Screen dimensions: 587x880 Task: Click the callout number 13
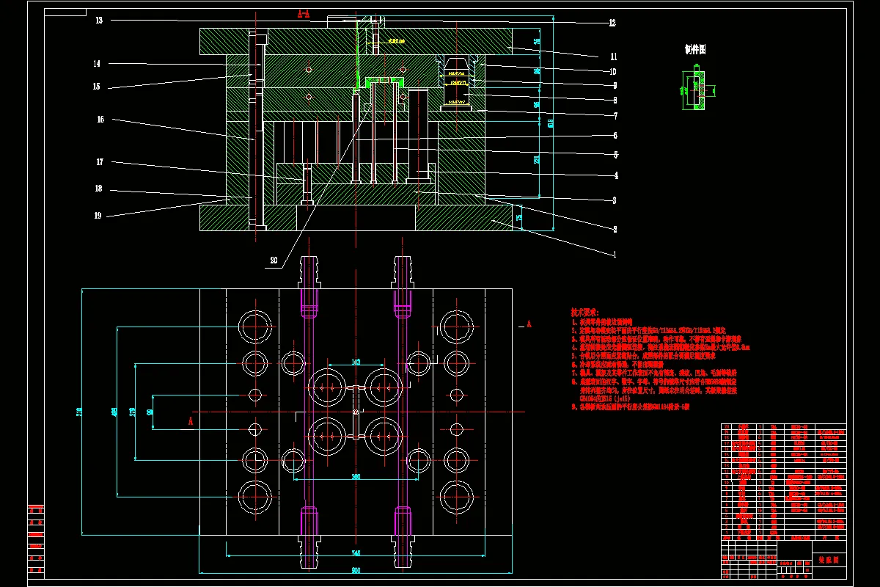point(99,21)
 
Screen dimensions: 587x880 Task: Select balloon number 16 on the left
point(100,119)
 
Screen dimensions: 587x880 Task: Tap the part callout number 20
point(274,260)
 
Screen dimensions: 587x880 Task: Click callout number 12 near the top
point(612,23)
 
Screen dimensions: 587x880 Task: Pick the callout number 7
point(615,115)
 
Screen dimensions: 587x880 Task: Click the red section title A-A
point(304,13)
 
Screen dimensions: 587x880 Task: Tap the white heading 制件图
point(694,50)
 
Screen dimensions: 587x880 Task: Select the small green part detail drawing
point(694,90)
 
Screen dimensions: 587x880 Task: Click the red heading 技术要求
point(585,312)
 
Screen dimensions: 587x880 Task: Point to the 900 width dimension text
point(356,570)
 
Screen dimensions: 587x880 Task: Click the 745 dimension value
point(356,553)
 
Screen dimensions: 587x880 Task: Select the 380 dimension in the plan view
point(356,477)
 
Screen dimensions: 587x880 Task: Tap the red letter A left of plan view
point(191,421)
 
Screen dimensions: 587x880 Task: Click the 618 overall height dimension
point(550,123)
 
